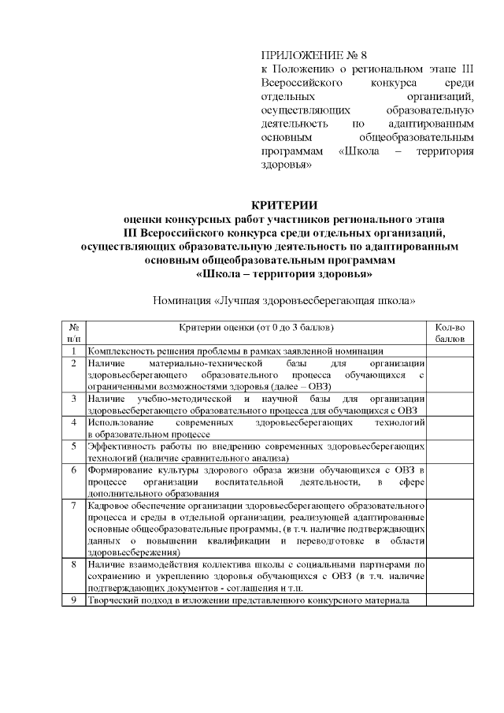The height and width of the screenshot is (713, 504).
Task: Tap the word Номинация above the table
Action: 182,300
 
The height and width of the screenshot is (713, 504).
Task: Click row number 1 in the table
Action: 74,351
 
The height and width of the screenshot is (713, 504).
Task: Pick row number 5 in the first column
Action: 74,446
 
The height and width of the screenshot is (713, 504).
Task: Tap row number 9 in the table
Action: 74,600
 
